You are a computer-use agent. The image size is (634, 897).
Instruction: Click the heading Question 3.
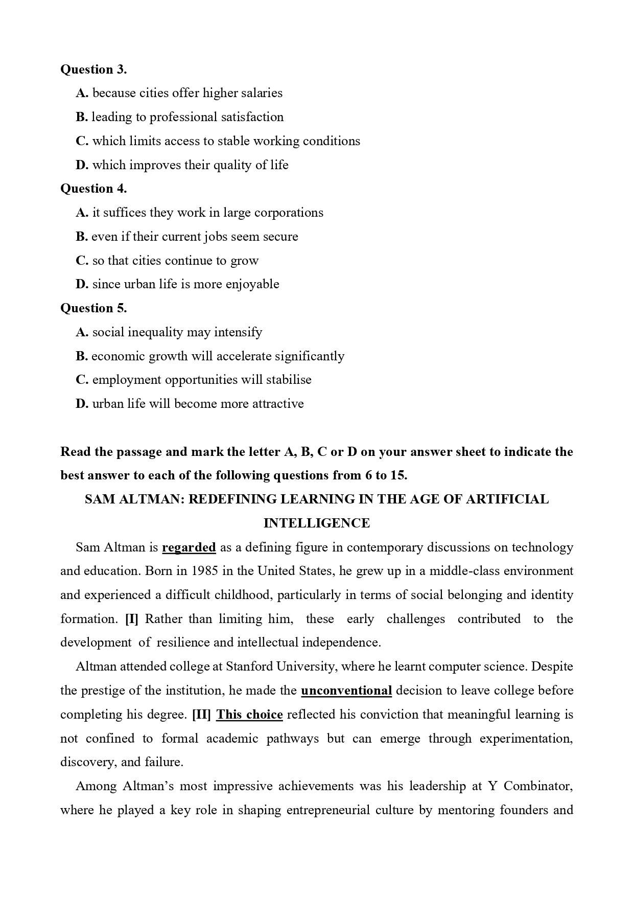[x=93, y=69]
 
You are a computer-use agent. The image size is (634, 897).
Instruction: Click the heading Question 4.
[x=93, y=189]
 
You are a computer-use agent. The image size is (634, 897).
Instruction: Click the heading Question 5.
[x=93, y=308]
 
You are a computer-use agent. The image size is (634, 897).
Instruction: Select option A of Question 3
[x=179, y=93]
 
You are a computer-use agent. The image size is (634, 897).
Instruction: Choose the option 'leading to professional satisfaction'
[x=180, y=117]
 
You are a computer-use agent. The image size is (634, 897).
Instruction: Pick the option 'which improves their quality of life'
[x=182, y=165]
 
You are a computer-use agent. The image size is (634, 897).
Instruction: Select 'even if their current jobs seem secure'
[x=187, y=237]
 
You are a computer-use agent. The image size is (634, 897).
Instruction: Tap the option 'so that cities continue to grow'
[x=167, y=261]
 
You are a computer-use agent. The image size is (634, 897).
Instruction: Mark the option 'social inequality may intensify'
[x=169, y=332]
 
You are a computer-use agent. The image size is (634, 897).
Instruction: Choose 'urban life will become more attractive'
[x=190, y=404]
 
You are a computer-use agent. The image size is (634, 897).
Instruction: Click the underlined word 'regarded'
[x=189, y=547]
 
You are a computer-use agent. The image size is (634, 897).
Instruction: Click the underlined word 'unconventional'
[x=346, y=691]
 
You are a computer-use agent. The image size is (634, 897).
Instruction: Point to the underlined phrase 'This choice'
[x=249, y=715]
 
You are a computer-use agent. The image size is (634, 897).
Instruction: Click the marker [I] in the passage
[x=132, y=619]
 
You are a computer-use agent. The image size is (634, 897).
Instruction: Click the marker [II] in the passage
[x=201, y=715]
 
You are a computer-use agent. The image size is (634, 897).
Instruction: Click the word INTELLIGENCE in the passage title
[x=317, y=523]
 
